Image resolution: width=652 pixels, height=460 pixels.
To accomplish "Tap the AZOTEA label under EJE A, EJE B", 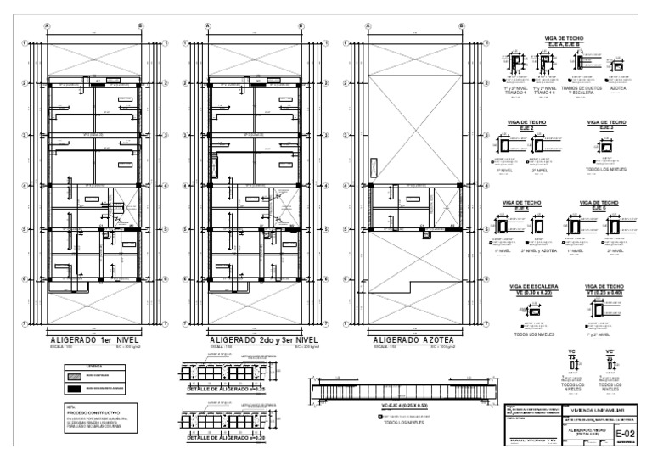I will click(617, 87).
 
